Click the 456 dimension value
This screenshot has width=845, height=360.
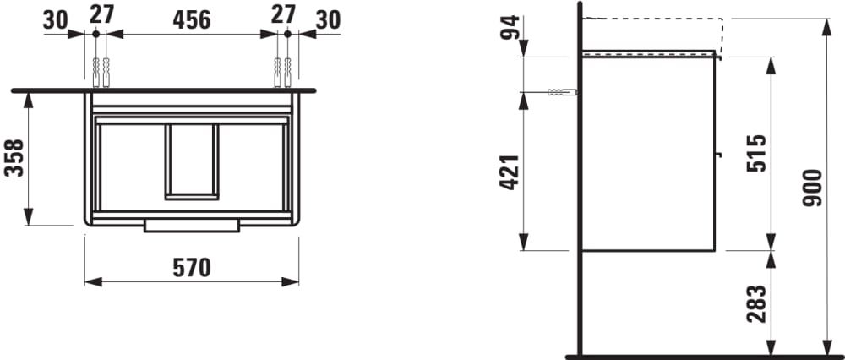(x=192, y=20)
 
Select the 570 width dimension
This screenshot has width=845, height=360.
(x=192, y=268)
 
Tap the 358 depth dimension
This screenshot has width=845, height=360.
(x=14, y=158)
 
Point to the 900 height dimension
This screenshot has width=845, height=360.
(x=812, y=188)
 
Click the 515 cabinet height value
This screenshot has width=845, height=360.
(x=756, y=154)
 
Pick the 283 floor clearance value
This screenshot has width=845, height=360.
(x=756, y=304)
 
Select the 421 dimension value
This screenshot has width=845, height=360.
(x=510, y=172)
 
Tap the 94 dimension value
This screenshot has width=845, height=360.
(x=510, y=27)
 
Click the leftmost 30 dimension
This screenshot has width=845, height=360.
(x=56, y=20)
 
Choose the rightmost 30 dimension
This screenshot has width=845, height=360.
(x=328, y=20)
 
